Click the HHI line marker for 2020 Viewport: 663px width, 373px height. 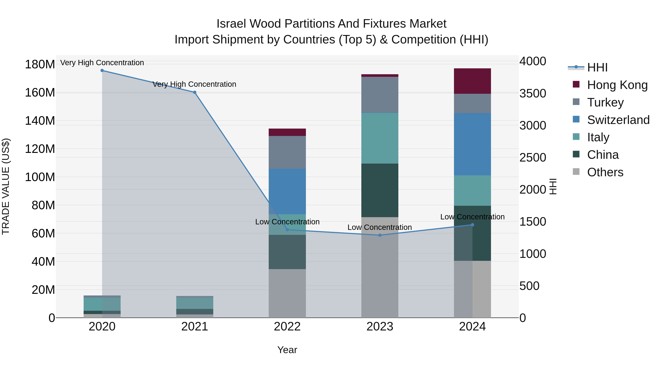(x=102, y=71)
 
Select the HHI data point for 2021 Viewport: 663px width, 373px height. (x=195, y=92)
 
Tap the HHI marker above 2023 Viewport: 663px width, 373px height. (x=380, y=235)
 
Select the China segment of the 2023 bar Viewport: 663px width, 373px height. (x=380, y=190)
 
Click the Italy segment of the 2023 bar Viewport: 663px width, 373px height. (x=380, y=138)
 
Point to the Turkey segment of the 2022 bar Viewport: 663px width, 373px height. (x=287, y=152)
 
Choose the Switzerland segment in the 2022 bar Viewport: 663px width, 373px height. (x=287, y=192)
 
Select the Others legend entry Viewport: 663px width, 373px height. (x=605, y=172)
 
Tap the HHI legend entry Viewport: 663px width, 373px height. (x=597, y=67)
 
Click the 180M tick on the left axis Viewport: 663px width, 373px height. (x=40, y=64)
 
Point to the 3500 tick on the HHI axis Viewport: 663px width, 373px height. (x=532, y=93)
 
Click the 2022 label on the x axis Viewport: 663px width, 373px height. (x=287, y=327)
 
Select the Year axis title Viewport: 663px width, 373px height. (x=287, y=350)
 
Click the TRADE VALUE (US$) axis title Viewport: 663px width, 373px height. (x=6, y=186)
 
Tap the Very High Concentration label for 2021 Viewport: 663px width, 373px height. (x=194, y=84)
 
